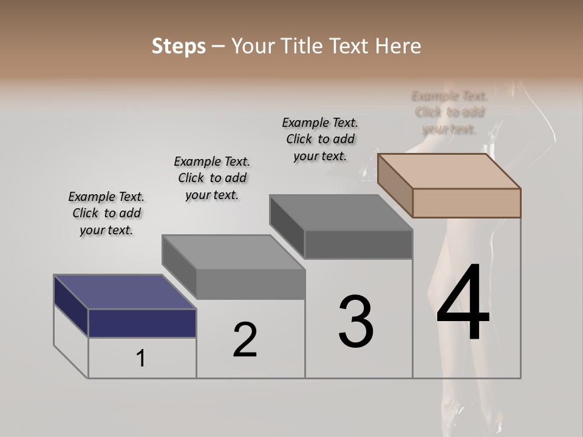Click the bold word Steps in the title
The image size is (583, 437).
coord(179,46)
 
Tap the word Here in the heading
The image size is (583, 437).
coord(397,46)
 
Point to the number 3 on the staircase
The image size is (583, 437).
coord(356,321)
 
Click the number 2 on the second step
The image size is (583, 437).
coord(245,340)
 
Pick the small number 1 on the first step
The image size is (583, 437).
coord(141,359)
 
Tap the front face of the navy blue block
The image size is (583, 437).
coord(142,323)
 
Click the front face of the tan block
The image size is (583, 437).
coord(466,203)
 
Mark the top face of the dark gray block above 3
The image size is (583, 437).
coord(341,212)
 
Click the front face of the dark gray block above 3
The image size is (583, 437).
coord(358,244)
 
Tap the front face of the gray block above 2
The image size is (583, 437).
coord(250,284)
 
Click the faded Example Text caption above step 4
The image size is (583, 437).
coord(449,112)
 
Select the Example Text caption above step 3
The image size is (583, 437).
coord(320,139)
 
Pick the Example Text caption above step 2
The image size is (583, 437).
coord(212,178)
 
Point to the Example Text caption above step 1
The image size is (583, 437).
coord(106,213)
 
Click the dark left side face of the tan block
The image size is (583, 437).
coord(395,185)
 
